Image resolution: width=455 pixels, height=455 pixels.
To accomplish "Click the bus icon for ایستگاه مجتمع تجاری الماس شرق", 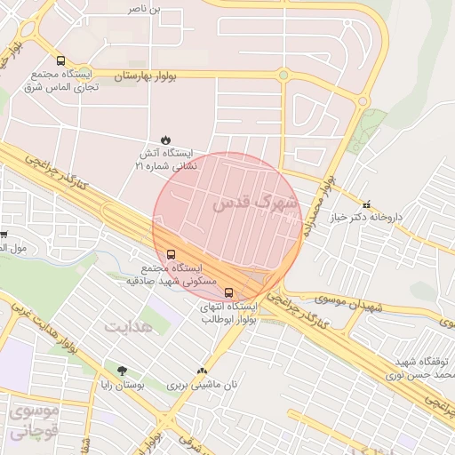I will (60, 61).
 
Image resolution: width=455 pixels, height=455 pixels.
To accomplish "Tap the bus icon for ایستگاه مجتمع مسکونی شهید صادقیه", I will (172, 253).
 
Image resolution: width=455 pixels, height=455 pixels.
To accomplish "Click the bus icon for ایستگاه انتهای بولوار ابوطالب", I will (229, 291).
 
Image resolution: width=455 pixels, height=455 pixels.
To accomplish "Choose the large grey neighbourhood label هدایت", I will (129, 325).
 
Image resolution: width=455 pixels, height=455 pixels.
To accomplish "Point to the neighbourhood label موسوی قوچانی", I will (33, 422).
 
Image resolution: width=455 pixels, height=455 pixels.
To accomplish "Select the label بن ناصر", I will (148, 8).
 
